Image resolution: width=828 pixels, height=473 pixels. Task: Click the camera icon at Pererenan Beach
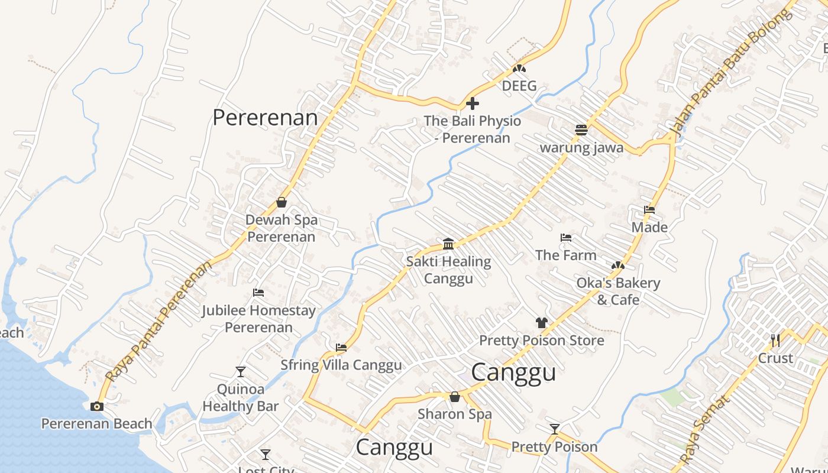coord(97,407)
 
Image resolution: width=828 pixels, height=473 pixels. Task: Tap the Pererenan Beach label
coord(96,424)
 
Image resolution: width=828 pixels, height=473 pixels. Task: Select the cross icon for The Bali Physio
coord(473,104)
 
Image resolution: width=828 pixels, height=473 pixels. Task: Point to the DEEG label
coord(519,86)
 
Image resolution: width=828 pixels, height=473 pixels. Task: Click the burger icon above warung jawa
coord(581,130)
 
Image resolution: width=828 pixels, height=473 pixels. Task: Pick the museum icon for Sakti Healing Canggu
coord(448,244)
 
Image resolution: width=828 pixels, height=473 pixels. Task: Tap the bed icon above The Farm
coord(566,238)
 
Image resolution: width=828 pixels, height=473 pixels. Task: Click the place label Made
coord(649,228)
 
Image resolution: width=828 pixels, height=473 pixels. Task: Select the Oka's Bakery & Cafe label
coord(618,291)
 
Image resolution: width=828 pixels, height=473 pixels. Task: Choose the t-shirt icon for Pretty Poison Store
coord(542,323)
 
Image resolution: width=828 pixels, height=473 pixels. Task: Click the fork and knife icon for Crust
coord(775,341)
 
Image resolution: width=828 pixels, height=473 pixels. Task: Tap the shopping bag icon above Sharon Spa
coord(455,397)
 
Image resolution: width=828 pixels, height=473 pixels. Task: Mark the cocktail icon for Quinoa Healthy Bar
coord(240,372)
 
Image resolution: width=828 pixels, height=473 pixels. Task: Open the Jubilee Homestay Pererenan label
coord(258,319)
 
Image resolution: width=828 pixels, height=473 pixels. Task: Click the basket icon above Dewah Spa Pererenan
coord(282,203)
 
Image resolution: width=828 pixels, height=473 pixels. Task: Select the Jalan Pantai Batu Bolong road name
coord(730,72)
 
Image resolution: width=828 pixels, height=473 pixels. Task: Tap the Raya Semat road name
coord(705,430)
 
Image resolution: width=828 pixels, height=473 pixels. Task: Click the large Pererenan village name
coord(265,118)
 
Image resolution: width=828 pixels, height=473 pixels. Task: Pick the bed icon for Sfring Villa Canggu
coord(341,348)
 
